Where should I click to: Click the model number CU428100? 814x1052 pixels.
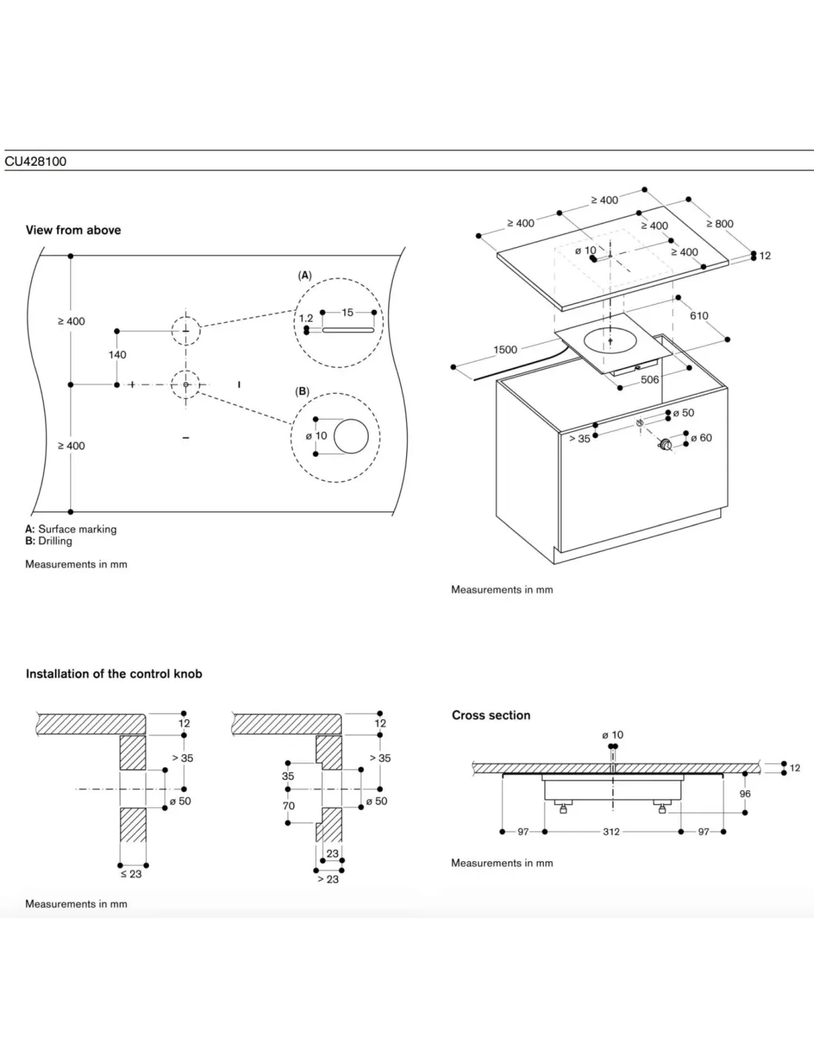point(36,161)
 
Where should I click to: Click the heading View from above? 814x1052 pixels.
point(73,230)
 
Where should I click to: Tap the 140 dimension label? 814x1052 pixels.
point(117,355)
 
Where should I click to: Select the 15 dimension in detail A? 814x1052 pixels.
point(348,313)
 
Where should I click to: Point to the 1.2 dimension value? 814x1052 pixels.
point(306,318)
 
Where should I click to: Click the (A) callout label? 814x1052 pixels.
point(305,275)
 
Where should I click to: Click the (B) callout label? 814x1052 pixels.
point(303,391)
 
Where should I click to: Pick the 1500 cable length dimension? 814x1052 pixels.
point(505,349)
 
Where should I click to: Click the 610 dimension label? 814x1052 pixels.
point(699,316)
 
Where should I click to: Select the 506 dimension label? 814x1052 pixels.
point(650,380)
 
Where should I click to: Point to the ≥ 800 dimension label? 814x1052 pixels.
point(720,223)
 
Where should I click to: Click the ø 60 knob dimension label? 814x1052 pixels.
point(702,438)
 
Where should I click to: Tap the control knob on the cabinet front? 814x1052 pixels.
point(665,445)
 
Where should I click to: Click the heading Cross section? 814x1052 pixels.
point(491,715)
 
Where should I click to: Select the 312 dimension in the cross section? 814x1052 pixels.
point(611,832)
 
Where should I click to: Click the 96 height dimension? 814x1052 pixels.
point(745,794)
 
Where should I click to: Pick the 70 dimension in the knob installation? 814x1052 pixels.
point(289,806)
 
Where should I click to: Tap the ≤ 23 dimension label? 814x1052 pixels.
point(131,874)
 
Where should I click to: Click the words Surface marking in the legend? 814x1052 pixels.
point(78,529)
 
